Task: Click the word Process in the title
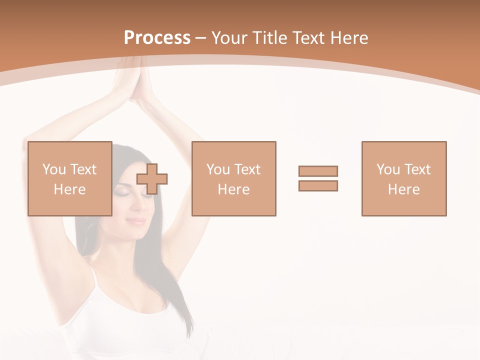[157, 38]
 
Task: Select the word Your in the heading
[229, 38]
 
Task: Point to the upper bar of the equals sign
[318, 171]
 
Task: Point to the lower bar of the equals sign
[318, 186]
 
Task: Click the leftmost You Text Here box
[69, 178]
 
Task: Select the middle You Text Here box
[233, 178]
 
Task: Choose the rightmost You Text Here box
[403, 178]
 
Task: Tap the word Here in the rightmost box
[403, 189]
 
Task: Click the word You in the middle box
[218, 169]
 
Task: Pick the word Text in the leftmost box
[83, 169]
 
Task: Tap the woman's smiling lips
[136, 220]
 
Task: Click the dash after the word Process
[200, 38]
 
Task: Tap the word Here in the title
[349, 38]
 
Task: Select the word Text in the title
[309, 38]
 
